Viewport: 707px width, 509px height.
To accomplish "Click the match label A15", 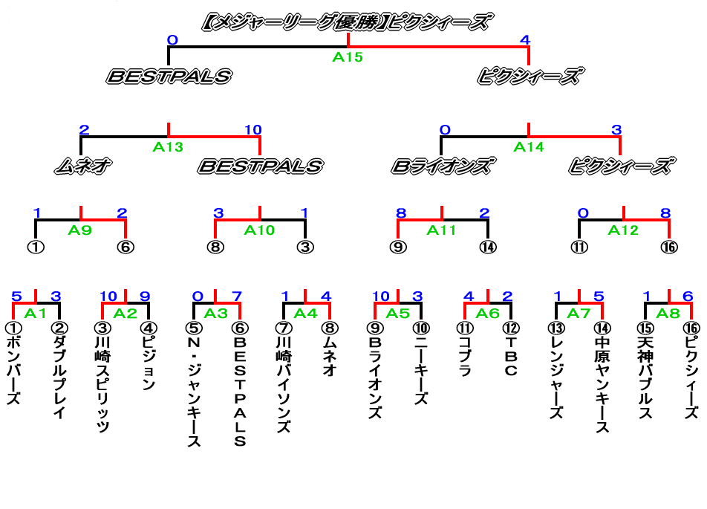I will point(348,57).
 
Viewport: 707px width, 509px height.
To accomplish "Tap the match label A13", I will point(168,146).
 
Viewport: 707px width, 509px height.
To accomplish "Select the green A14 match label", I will point(529,146).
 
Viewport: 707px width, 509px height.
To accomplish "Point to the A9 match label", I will point(80,230).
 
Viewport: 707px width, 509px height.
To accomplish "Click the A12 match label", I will point(623,230).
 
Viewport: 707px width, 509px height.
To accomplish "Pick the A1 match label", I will point(35,313).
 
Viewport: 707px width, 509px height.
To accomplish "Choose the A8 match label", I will point(669,313).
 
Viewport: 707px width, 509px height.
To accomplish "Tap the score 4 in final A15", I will point(525,39).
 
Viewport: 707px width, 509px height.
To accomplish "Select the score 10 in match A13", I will point(252,130).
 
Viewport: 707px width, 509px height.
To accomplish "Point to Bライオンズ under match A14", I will point(442,166).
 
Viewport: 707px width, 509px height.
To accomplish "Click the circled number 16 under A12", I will point(669,247).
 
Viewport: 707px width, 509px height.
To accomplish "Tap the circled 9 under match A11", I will point(399,247).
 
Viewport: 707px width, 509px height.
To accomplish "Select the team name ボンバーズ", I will point(13,370).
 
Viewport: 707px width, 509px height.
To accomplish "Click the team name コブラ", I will point(466,357).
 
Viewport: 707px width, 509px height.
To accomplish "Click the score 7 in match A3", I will point(236,296).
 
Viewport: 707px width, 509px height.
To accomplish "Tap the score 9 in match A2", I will point(144,296).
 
